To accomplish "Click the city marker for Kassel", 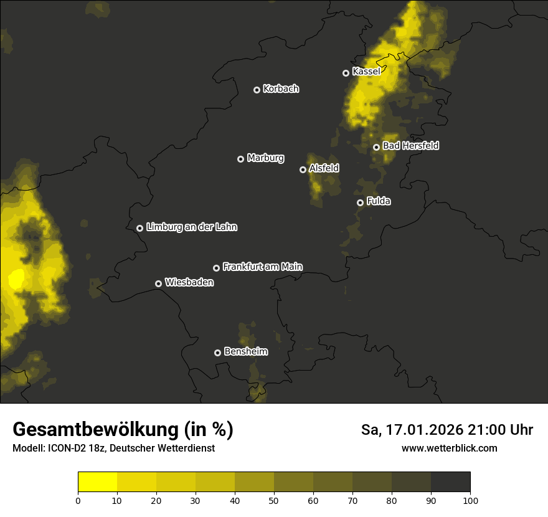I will pyautogui.click(x=346, y=73).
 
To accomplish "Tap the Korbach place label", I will pyautogui.click(x=281, y=89).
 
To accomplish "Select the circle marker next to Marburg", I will pyautogui.click(x=240, y=159).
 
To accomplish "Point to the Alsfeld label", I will pyautogui.click(x=324, y=168).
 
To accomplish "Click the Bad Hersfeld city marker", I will pyautogui.click(x=376, y=147).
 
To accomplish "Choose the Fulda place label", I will pyautogui.click(x=379, y=201).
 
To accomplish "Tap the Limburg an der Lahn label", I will pyautogui.click(x=191, y=227).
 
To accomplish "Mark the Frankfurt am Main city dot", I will pyautogui.click(x=216, y=268).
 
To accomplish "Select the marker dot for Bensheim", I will pyautogui.click(x=217, y=353).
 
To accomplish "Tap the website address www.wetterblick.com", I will pyautogui.click(x=449, y=448).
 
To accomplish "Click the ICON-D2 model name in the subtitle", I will pyautogui.click(x=62, y=448).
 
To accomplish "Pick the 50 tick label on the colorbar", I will pyautogui.click(x=274, y=500).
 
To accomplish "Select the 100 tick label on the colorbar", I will pyautogui.click(x=470, y=500).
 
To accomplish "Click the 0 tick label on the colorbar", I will pyautogui.click(x=78, y=500).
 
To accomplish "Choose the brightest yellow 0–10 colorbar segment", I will pyautogui.click(x=97, y=482).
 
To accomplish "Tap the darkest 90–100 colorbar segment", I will pyautogui.click(x=450, y=482).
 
